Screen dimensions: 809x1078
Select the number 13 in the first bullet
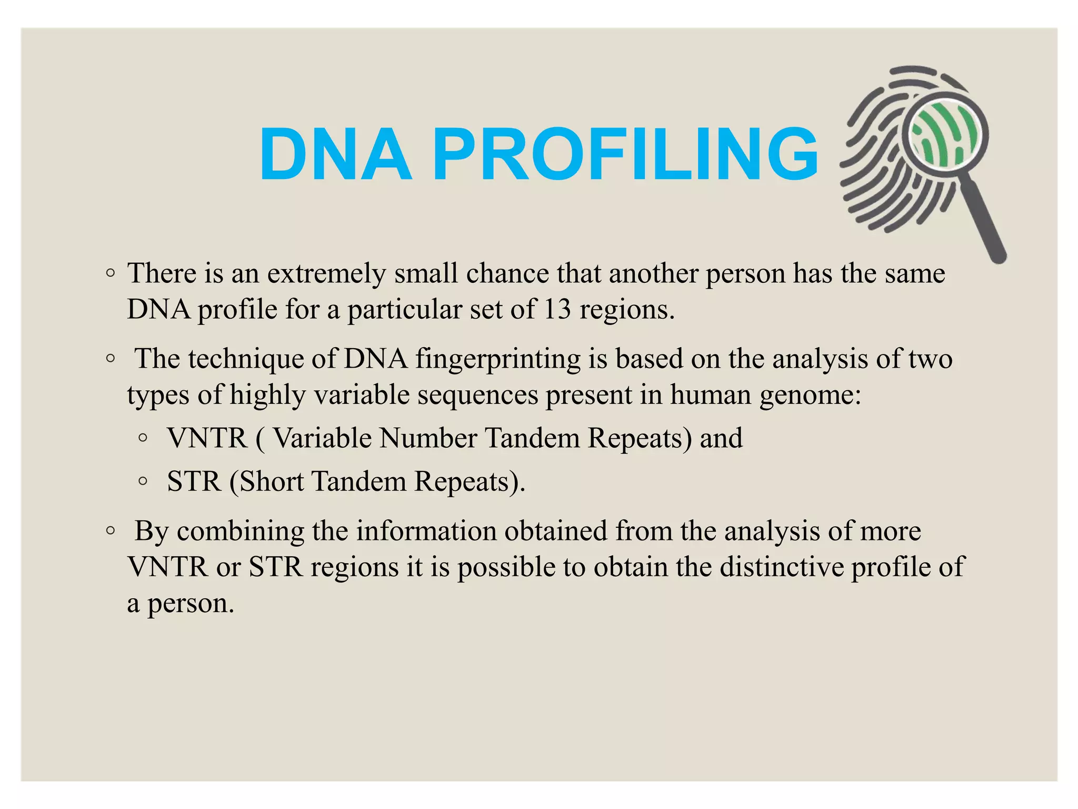(557, 309)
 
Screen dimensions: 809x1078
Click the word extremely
(326, 274)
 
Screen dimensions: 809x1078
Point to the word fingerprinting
(498, 360)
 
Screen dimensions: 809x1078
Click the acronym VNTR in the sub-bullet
(207, 438)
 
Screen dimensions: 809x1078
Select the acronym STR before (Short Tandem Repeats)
(194, 481)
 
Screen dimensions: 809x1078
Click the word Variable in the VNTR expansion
(323, 438)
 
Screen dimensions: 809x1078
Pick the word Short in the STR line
(272, 481)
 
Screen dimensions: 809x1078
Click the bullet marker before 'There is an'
(110, 273)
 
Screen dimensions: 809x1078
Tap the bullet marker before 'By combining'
(110, 531)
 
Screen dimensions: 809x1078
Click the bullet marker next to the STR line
(143, 481)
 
